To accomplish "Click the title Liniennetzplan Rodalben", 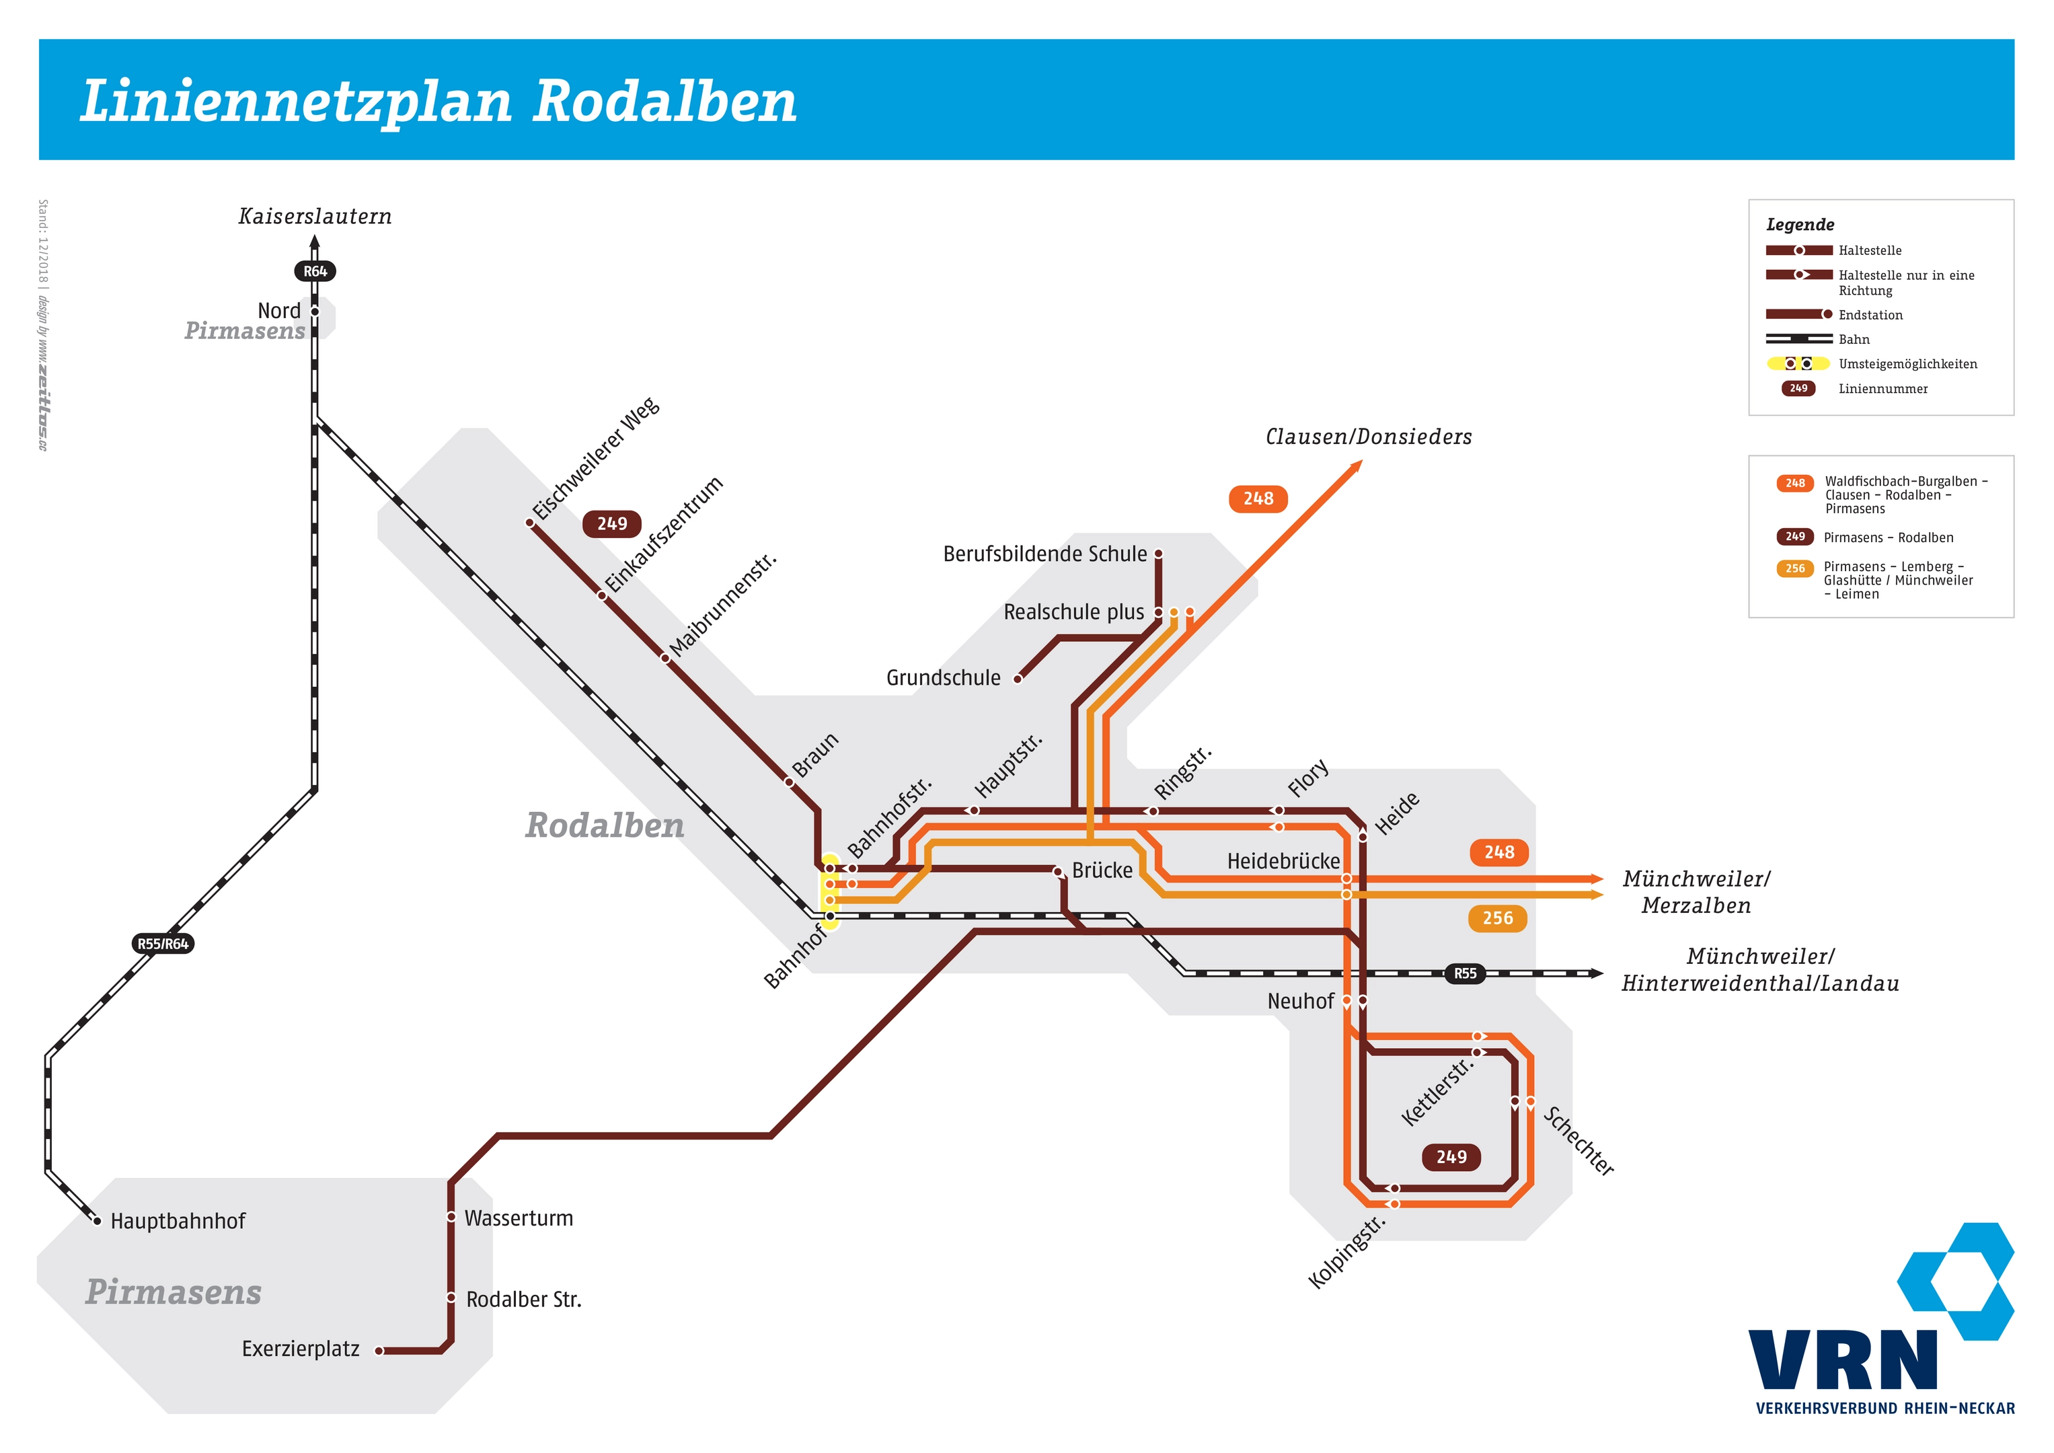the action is [439, 102].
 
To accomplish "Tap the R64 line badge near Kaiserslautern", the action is [315, 271].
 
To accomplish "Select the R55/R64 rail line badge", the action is [163, 944].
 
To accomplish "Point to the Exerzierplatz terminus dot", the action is [379, 1351].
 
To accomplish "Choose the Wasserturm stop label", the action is [519, 1219].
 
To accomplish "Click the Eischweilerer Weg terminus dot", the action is [529, 523].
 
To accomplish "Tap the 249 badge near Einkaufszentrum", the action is [612, 523].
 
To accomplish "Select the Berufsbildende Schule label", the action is [1045, 554].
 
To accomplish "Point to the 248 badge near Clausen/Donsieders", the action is [1259, 498].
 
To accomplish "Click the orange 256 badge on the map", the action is [1498, 918].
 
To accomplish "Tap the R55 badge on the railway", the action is [1466, 973].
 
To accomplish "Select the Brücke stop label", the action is [1102, 870].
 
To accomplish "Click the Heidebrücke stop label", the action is [1284, 862].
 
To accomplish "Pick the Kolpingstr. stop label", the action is [1346, 1253].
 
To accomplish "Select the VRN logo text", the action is [1843, 1360].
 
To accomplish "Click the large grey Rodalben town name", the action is [605, 825].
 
